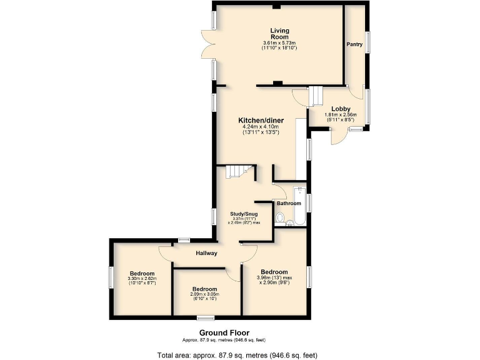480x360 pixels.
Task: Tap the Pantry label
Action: click(355, 44)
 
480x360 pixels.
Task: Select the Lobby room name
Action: click(341, 109)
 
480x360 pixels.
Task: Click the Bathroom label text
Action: click(289, 203)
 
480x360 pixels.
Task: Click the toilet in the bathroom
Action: click(280, 217)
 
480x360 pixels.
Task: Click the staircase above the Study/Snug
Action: click(239, 172)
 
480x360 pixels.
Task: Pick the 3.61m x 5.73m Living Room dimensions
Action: click(279, 45)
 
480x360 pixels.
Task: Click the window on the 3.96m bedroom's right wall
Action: click(309, 277)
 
